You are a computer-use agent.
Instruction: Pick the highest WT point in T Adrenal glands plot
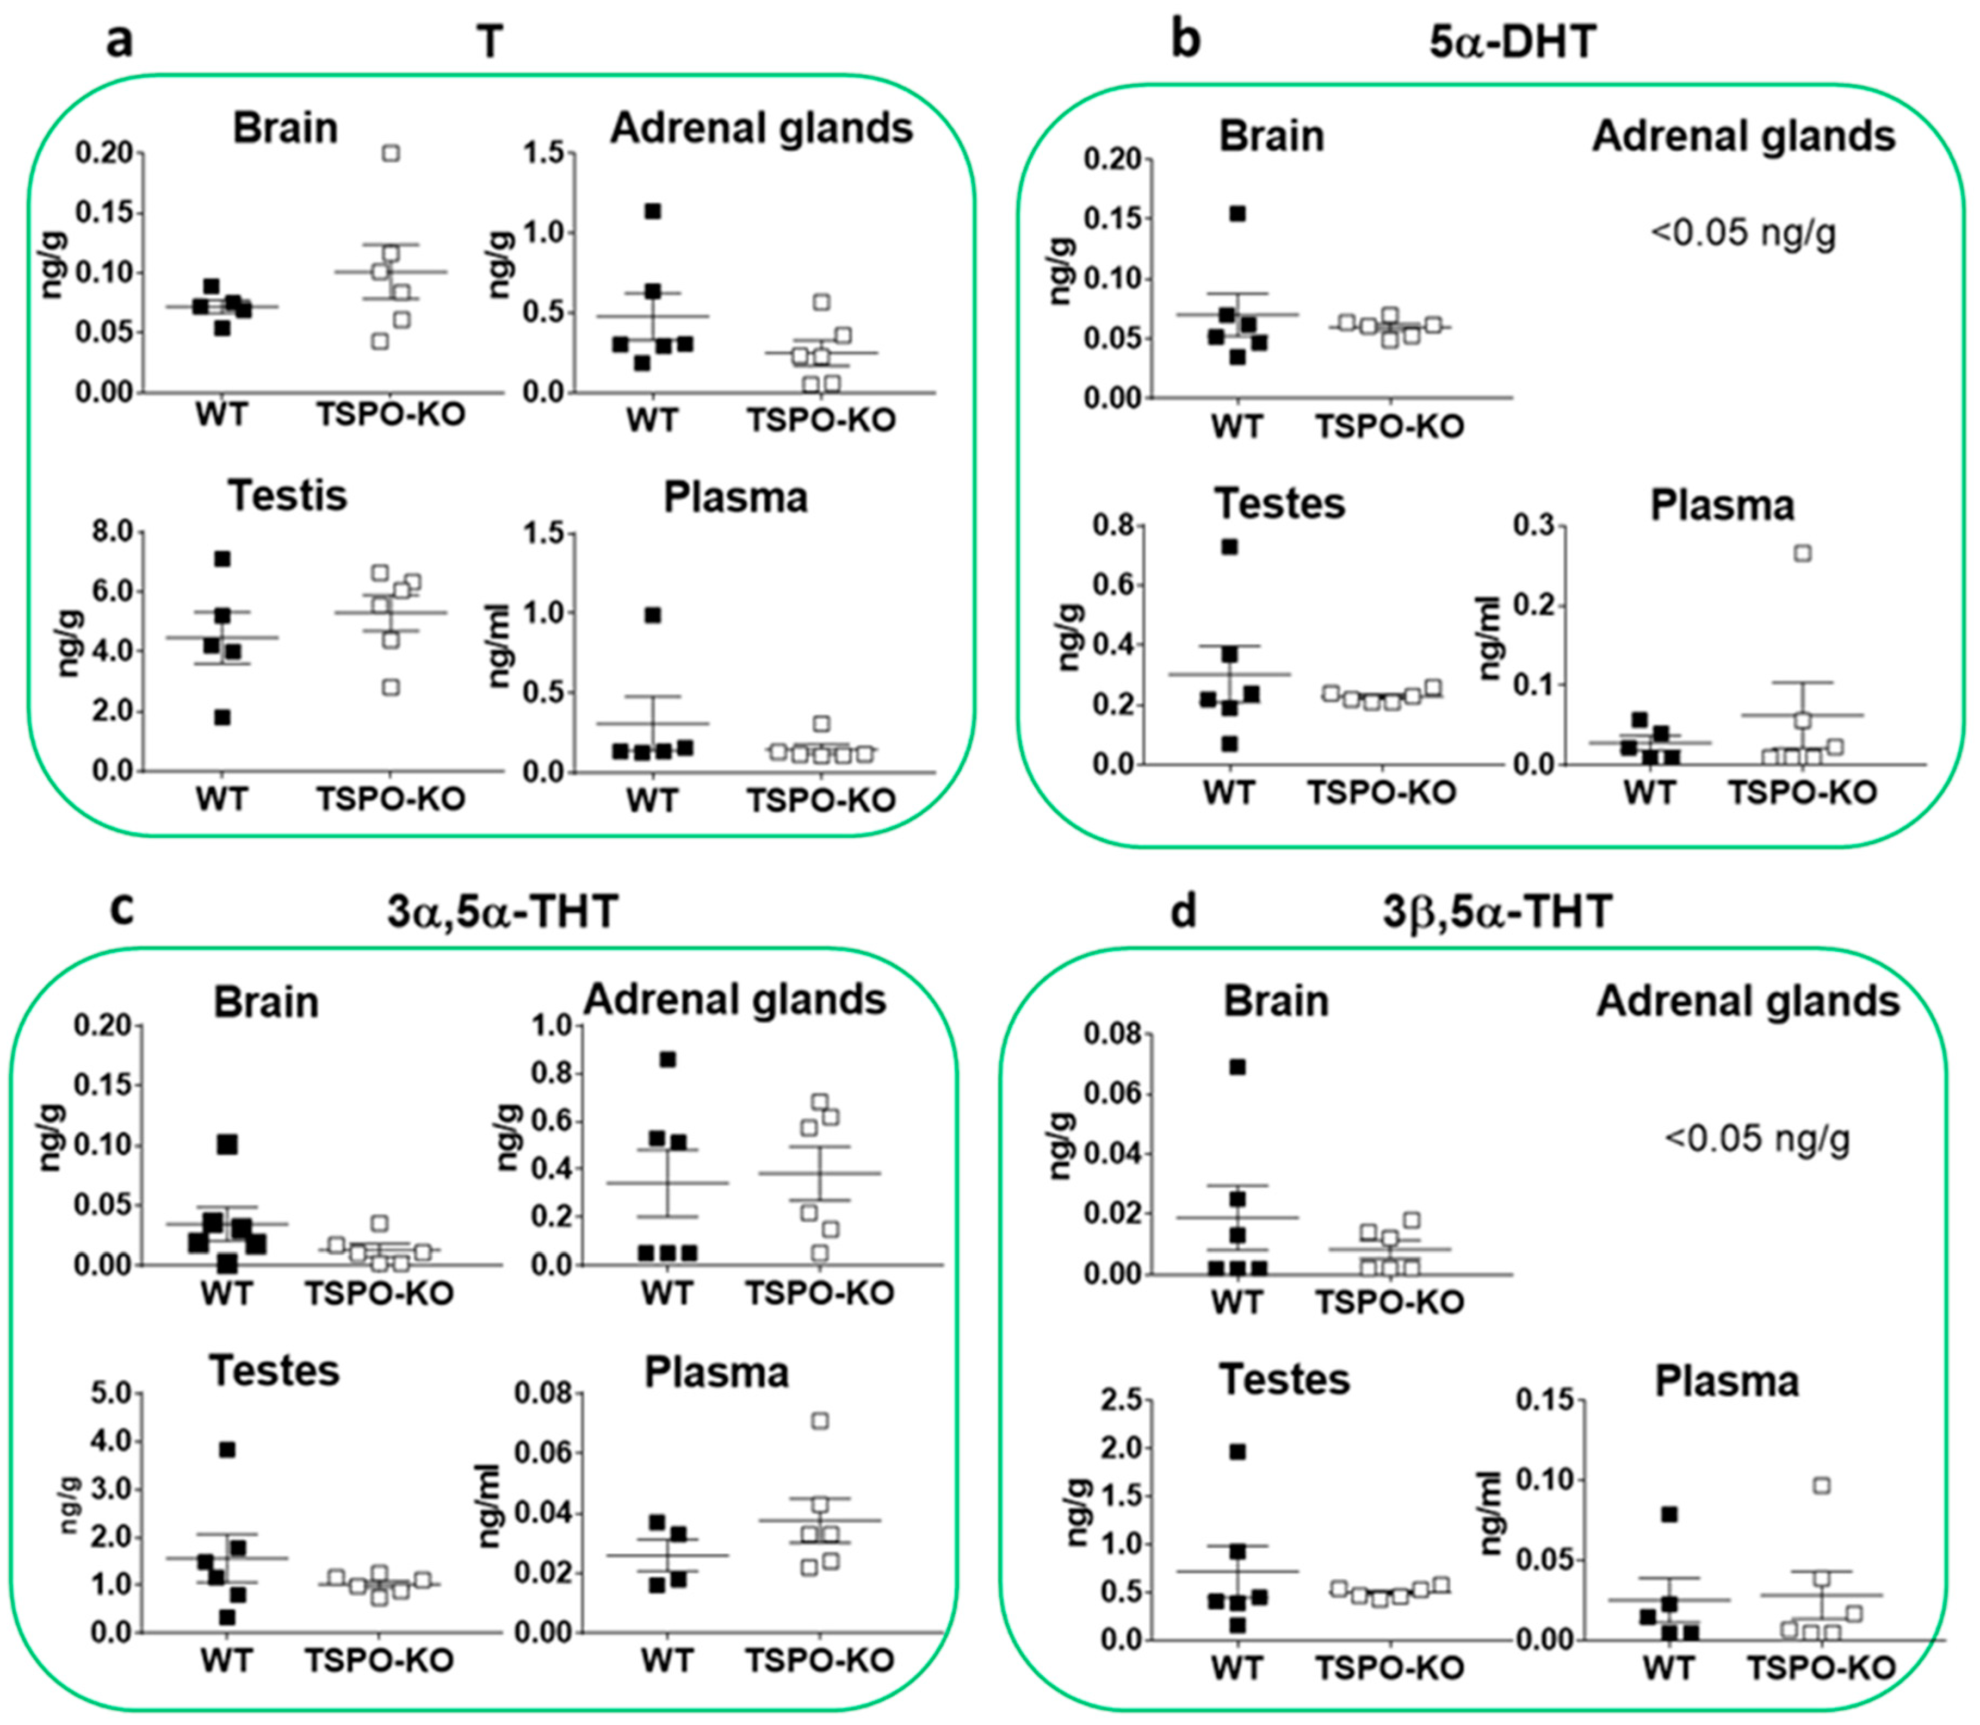click(x=653, y=211)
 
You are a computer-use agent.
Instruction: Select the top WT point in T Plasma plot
click(x=653, y=615)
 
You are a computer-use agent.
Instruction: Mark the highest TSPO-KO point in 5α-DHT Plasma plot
click(x=1803, y=553)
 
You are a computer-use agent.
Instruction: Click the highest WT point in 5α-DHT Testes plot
click(x=1230, y=547)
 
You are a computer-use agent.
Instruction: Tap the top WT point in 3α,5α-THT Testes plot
click(x=227, y=1450)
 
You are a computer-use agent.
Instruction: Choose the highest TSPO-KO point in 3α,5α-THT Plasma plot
click(x=820, y=1421)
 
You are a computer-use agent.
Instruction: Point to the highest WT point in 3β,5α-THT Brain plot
click(x=1237, y=1067)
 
